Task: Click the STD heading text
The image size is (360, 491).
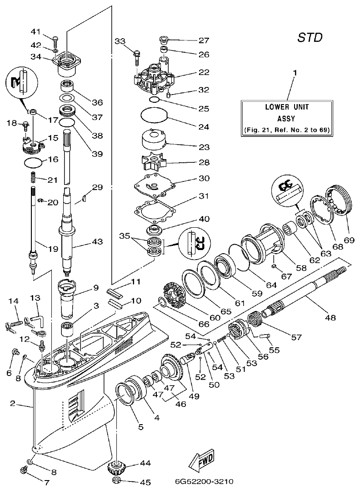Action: tap(310, 37)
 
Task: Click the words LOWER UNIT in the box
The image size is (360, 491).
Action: tap(286, 108)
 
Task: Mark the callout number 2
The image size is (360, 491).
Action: tap(14, 403)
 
